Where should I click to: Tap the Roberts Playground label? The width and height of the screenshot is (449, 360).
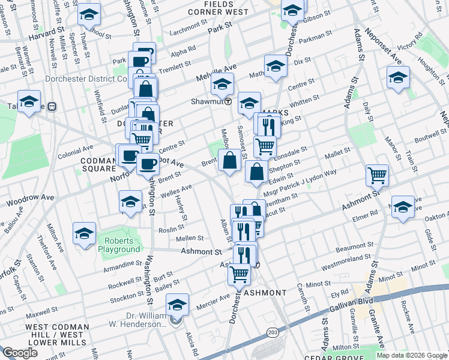click(x=119, y=244)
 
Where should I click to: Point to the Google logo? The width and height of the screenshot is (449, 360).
click(x=20, y=353)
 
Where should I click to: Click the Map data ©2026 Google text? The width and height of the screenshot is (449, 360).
click(x=412, y=355)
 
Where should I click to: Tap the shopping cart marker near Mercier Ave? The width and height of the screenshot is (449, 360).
click(x=240, y=275)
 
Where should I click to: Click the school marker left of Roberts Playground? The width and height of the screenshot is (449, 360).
click(x=85, y=234)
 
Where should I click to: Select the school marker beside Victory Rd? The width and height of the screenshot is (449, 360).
click(x=398, y=78)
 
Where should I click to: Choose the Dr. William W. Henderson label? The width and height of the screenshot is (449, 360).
click(x=146, y=320)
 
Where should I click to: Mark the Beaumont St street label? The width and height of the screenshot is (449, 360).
click(x=355, y=248)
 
